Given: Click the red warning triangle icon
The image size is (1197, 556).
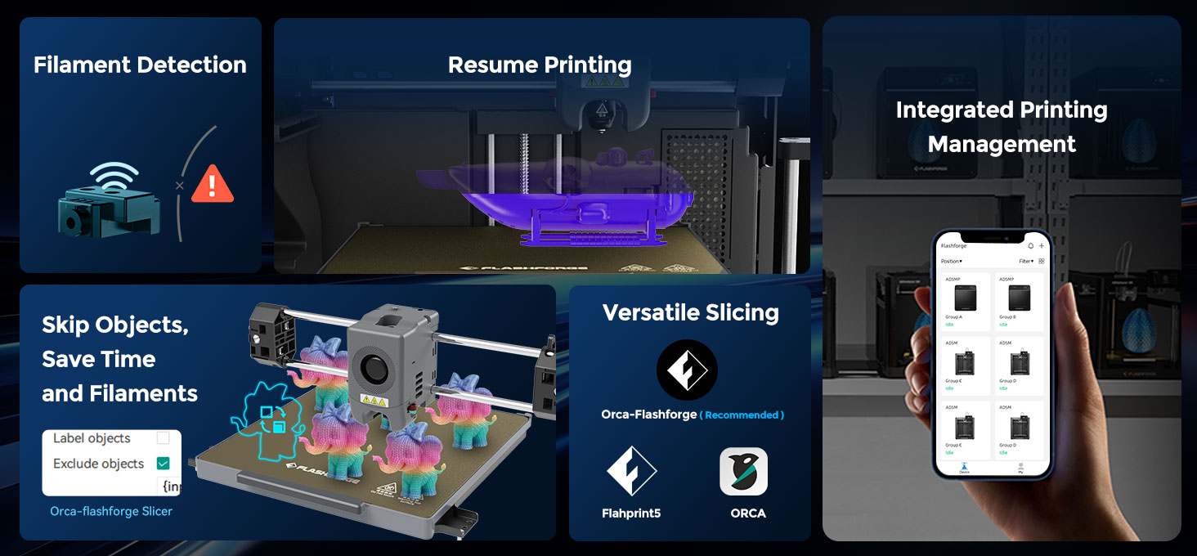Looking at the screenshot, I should point(213,185).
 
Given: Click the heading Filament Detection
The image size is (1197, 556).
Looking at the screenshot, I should point(140,65).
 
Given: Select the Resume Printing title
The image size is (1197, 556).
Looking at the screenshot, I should point(540,65).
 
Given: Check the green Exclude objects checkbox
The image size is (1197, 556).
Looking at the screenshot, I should point(163,464).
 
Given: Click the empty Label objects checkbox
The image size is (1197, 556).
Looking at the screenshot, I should point(163,438).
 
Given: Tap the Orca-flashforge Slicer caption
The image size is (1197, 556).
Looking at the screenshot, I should point(111,512).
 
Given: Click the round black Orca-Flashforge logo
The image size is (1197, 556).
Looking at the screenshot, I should point(687,370).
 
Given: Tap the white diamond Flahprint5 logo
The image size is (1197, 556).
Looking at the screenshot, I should point(631,471).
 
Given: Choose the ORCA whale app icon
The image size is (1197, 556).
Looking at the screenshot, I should point(743,471).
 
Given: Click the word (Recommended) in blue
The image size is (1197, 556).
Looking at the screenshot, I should point(743,415).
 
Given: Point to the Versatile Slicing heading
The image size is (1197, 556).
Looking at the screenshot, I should point(690,312).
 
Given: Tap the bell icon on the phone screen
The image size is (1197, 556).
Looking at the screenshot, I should point(1030,245).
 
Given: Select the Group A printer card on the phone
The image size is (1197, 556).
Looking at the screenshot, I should point(966,301).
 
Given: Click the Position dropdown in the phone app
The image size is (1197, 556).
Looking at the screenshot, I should point(952,262).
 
